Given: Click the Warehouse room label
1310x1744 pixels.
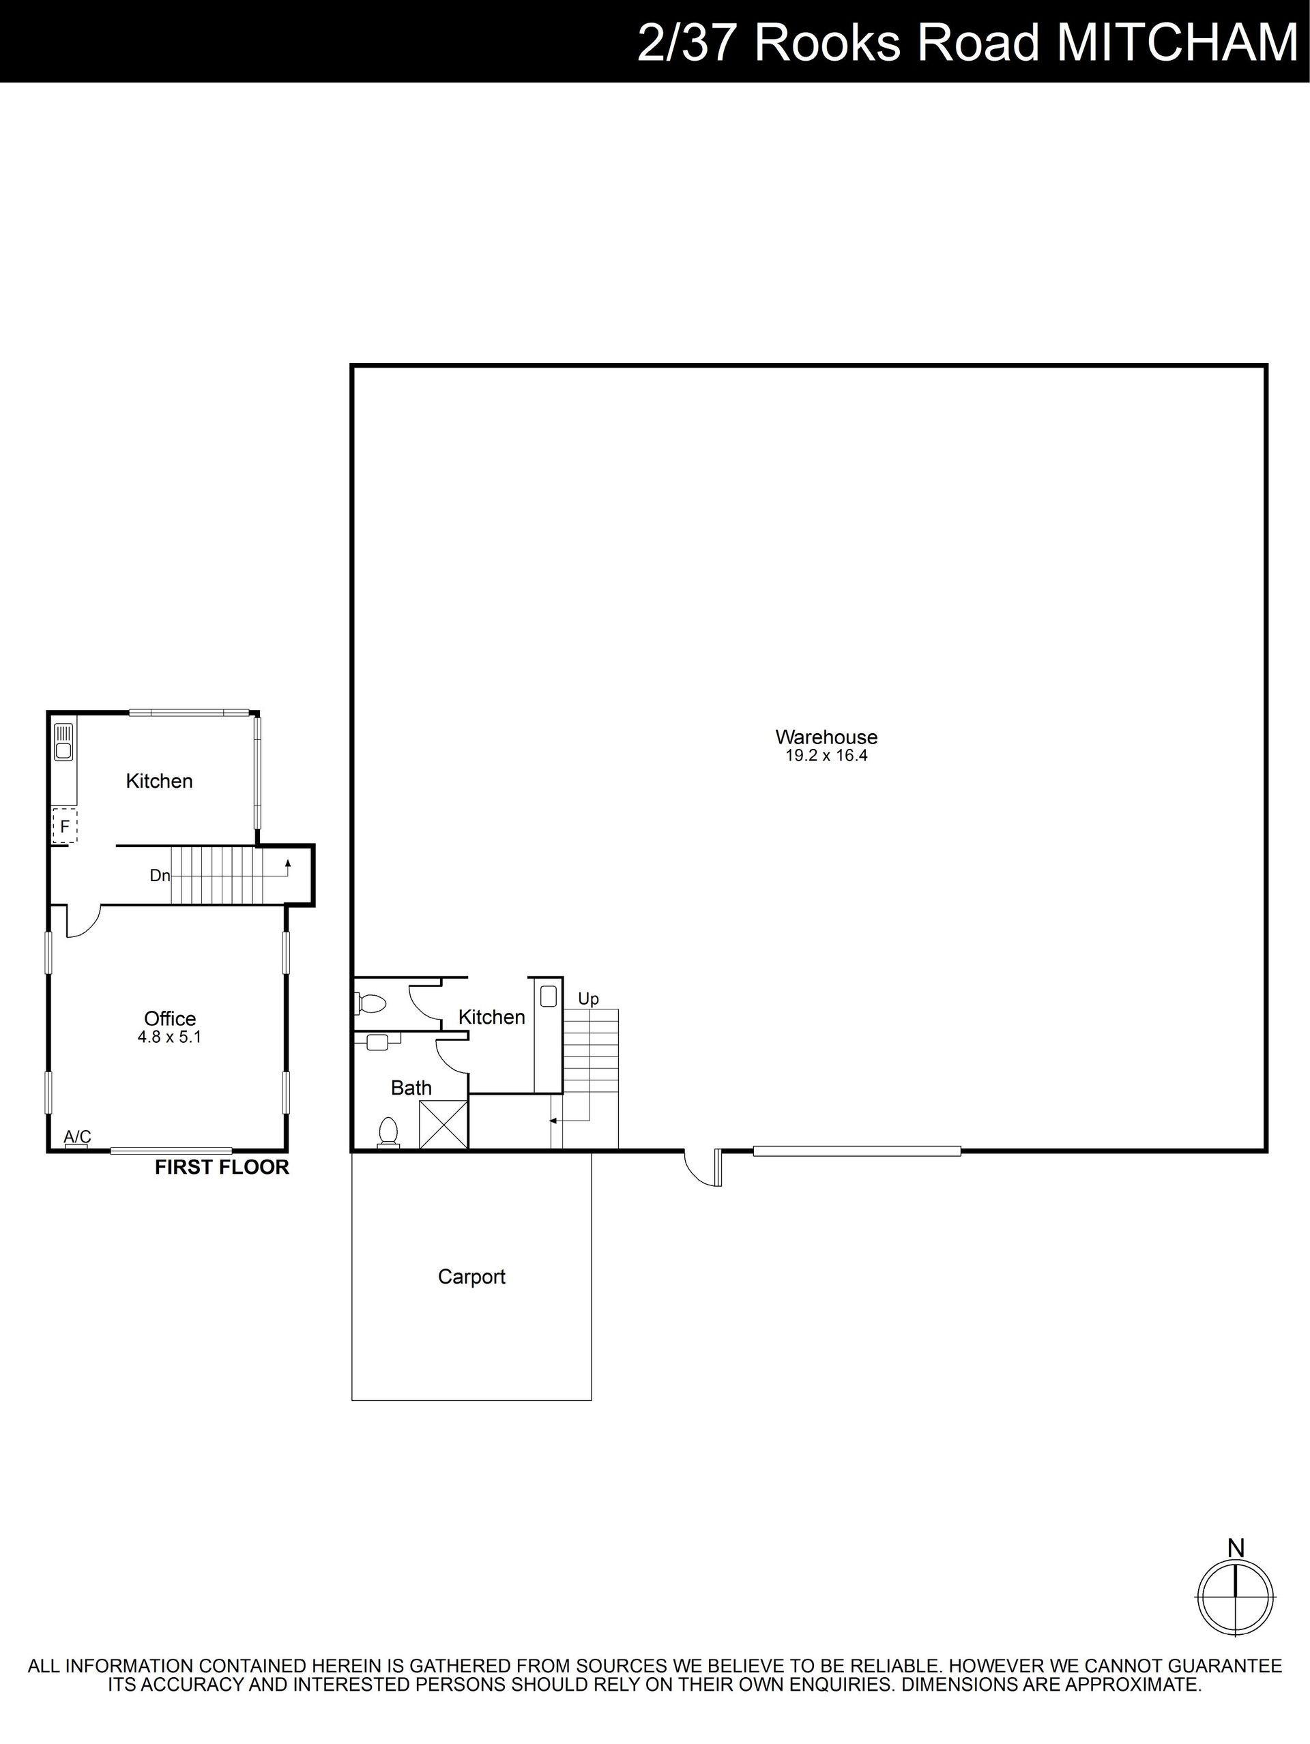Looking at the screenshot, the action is point(826,737).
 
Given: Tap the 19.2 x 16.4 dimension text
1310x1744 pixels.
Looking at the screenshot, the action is point(826,755).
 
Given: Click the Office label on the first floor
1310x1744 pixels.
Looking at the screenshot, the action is point(170,1019).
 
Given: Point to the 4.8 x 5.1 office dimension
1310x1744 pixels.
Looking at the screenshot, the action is point(170,1037).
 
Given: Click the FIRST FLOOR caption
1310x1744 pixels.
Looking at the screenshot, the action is point(222,1168).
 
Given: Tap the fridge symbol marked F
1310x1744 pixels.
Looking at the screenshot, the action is point(65,826).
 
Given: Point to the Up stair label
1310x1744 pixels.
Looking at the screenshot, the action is point(588,999).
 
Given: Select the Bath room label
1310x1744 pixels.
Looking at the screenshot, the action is point(411,1088).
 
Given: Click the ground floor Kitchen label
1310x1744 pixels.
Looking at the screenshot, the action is point(491,1017).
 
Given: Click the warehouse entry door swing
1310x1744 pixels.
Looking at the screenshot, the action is point(702,1168).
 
